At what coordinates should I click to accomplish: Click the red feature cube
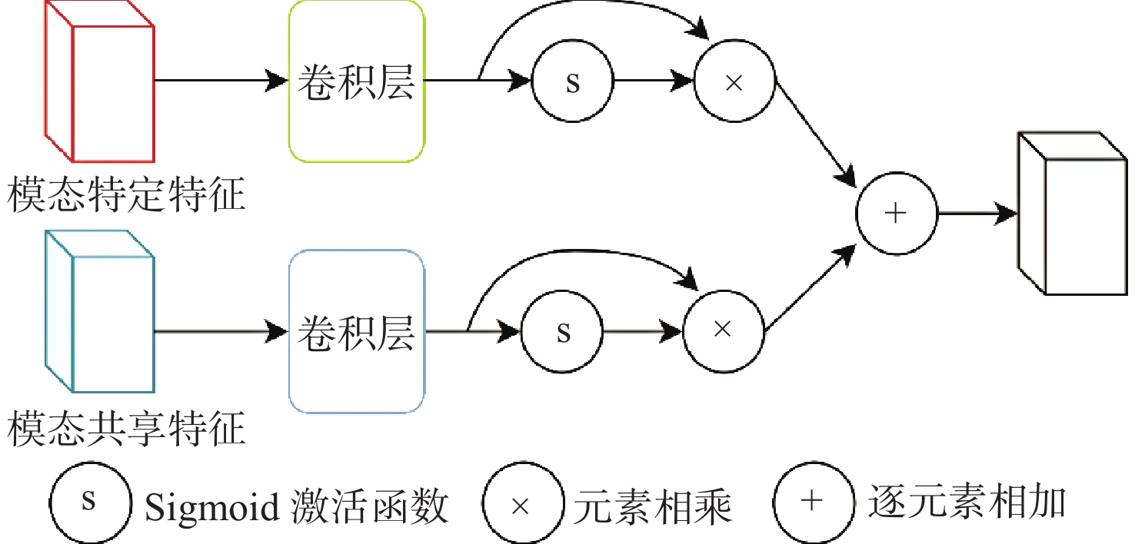[99, 81]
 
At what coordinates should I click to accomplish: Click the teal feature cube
[99, 311]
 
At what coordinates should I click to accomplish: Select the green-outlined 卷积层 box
[357, 81]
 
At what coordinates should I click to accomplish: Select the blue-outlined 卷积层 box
[357, 332]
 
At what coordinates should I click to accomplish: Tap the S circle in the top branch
[573, 81]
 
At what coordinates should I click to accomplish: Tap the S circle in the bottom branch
[562, 332]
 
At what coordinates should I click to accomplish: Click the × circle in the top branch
[734, 81]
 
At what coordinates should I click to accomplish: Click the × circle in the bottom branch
[723, 332]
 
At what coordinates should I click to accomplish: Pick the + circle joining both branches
[897, 214]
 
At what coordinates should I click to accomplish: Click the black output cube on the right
[1073, 214]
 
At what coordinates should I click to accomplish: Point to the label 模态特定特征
[126, 194]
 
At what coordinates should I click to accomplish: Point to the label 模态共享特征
[126, 429]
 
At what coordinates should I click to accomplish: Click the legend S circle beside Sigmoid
[90, 503]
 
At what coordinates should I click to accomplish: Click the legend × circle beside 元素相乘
[524, 503]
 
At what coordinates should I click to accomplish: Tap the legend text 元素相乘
[653, 506]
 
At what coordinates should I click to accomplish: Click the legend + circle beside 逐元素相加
[814, 503]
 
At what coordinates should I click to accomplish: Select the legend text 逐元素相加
[967, 502]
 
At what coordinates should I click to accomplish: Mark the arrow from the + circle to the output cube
[977, 214]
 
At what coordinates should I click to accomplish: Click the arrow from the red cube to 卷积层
[221, 81]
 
